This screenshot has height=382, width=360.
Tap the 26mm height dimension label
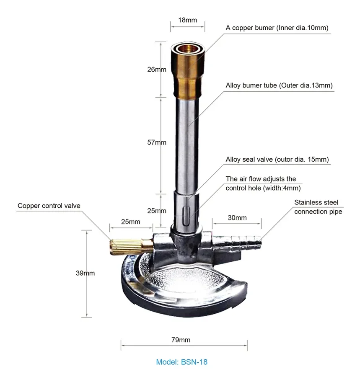coord(156,70)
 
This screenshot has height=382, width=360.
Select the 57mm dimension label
coord(156,142)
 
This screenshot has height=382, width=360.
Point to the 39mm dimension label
coord(85,273)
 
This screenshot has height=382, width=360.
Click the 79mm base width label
coord(181,340)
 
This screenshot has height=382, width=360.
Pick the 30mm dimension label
coord(237,217)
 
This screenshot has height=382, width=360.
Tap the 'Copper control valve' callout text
coord(49,206)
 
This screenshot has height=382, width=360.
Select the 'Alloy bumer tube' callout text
coord(279,85)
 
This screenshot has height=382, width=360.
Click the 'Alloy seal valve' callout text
coord(277,159)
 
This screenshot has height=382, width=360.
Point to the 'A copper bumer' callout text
coord(277,28)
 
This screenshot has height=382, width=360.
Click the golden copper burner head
coord(187,71)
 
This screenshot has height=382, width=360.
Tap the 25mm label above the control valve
coord(130,222)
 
